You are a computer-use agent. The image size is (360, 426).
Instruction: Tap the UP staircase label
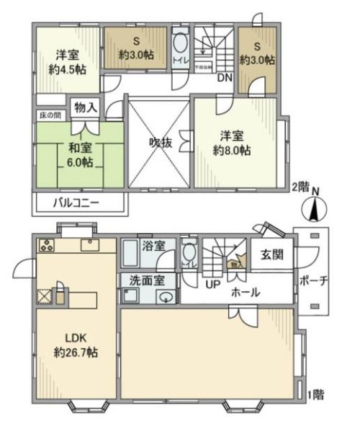click(213, 284)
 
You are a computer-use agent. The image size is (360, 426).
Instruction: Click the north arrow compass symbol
click(314, 209)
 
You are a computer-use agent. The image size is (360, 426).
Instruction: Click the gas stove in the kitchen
click(47, 244)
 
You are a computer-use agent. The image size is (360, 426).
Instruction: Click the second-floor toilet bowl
click(180, 44)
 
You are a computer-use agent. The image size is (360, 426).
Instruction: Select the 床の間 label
click(48, 115)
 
